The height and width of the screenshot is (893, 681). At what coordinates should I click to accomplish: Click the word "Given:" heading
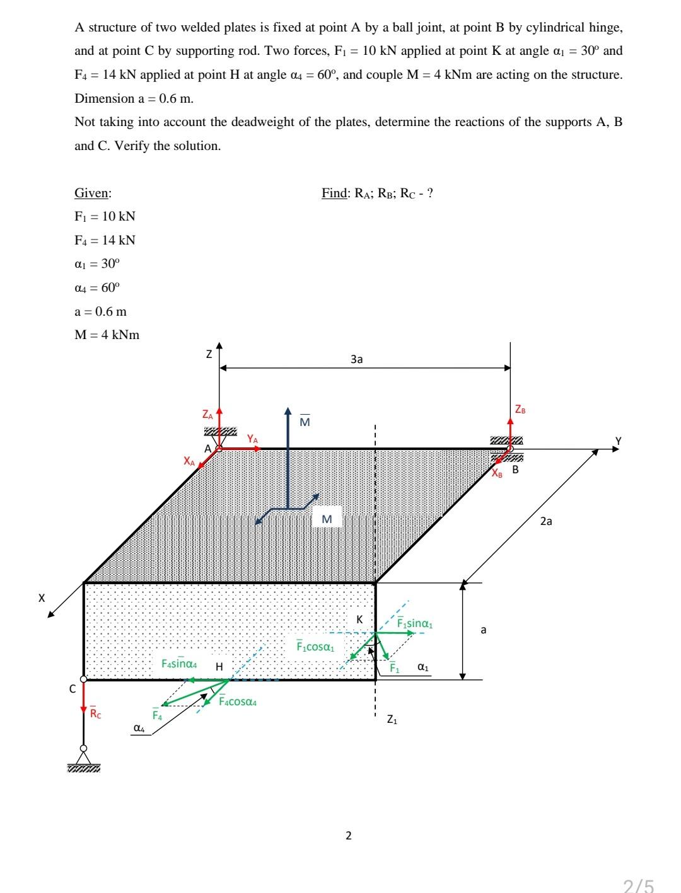point(93,193)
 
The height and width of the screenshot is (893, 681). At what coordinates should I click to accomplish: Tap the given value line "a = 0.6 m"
point(100,311)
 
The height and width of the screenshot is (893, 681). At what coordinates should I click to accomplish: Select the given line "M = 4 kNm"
point(107,335)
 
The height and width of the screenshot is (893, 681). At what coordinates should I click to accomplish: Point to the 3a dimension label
point(356,359)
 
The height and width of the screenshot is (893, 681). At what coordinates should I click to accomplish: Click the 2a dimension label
point(546,521)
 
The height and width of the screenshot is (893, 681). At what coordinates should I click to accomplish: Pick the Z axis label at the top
point(209,355)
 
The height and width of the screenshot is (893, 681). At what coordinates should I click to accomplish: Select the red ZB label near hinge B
point(520,410)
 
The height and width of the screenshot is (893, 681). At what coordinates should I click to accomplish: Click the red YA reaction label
point(252,437)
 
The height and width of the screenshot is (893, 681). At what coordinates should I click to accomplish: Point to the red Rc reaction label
point(95,713)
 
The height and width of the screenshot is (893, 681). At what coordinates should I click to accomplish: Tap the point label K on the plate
point(359,619)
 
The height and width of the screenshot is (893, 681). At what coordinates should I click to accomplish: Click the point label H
point(219,666)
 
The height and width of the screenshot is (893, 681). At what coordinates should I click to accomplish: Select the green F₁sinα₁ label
point(414,624)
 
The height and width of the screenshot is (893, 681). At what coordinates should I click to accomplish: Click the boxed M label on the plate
point(327,519)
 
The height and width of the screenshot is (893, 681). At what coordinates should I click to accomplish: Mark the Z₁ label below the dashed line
point(392,718)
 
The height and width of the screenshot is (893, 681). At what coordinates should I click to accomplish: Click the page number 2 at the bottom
point(349,836)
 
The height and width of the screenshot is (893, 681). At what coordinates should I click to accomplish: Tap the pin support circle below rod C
point(83,749)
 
